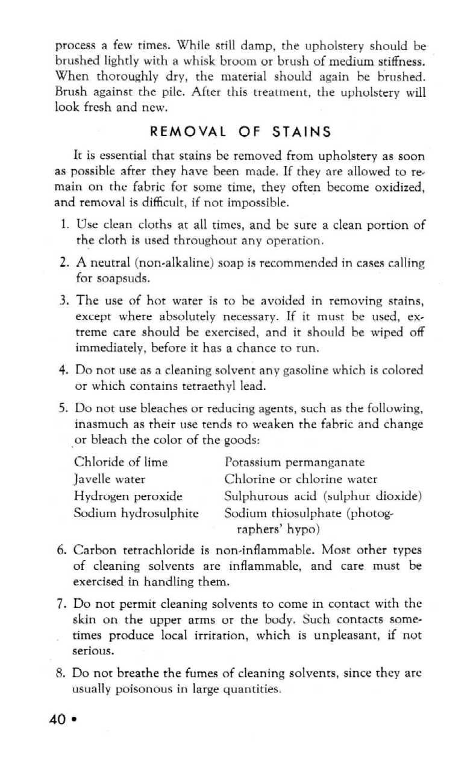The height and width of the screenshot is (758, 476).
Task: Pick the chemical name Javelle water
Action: point(110,480)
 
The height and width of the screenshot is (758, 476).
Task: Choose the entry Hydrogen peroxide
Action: point(128,497)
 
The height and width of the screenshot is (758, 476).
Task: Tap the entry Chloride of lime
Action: point(121,463)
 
